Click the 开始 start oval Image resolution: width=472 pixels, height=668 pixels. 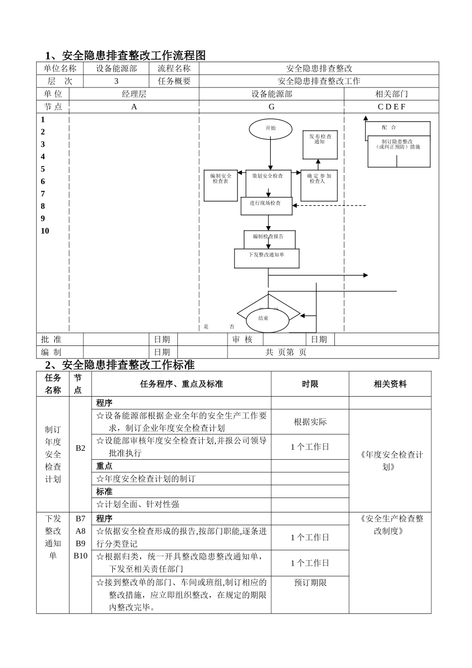270,128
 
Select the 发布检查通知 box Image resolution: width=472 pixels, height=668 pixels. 320,144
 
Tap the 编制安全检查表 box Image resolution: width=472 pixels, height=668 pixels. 221,185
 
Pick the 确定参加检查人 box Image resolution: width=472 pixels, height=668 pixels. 319,185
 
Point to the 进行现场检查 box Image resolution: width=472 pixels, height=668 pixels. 266,206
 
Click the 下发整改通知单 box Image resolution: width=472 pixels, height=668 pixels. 267,258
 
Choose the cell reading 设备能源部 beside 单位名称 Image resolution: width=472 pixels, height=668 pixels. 116,69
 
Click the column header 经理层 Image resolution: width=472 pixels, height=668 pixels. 134,94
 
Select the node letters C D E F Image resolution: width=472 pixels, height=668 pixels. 391,107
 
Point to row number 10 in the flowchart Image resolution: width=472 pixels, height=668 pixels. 45,231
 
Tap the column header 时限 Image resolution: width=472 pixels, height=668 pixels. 310,384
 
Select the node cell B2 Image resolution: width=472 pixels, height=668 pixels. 80,448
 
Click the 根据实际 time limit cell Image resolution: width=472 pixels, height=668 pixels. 310,422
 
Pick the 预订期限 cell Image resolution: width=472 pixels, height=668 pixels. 310,583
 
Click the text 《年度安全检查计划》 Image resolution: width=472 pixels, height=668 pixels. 390,461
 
